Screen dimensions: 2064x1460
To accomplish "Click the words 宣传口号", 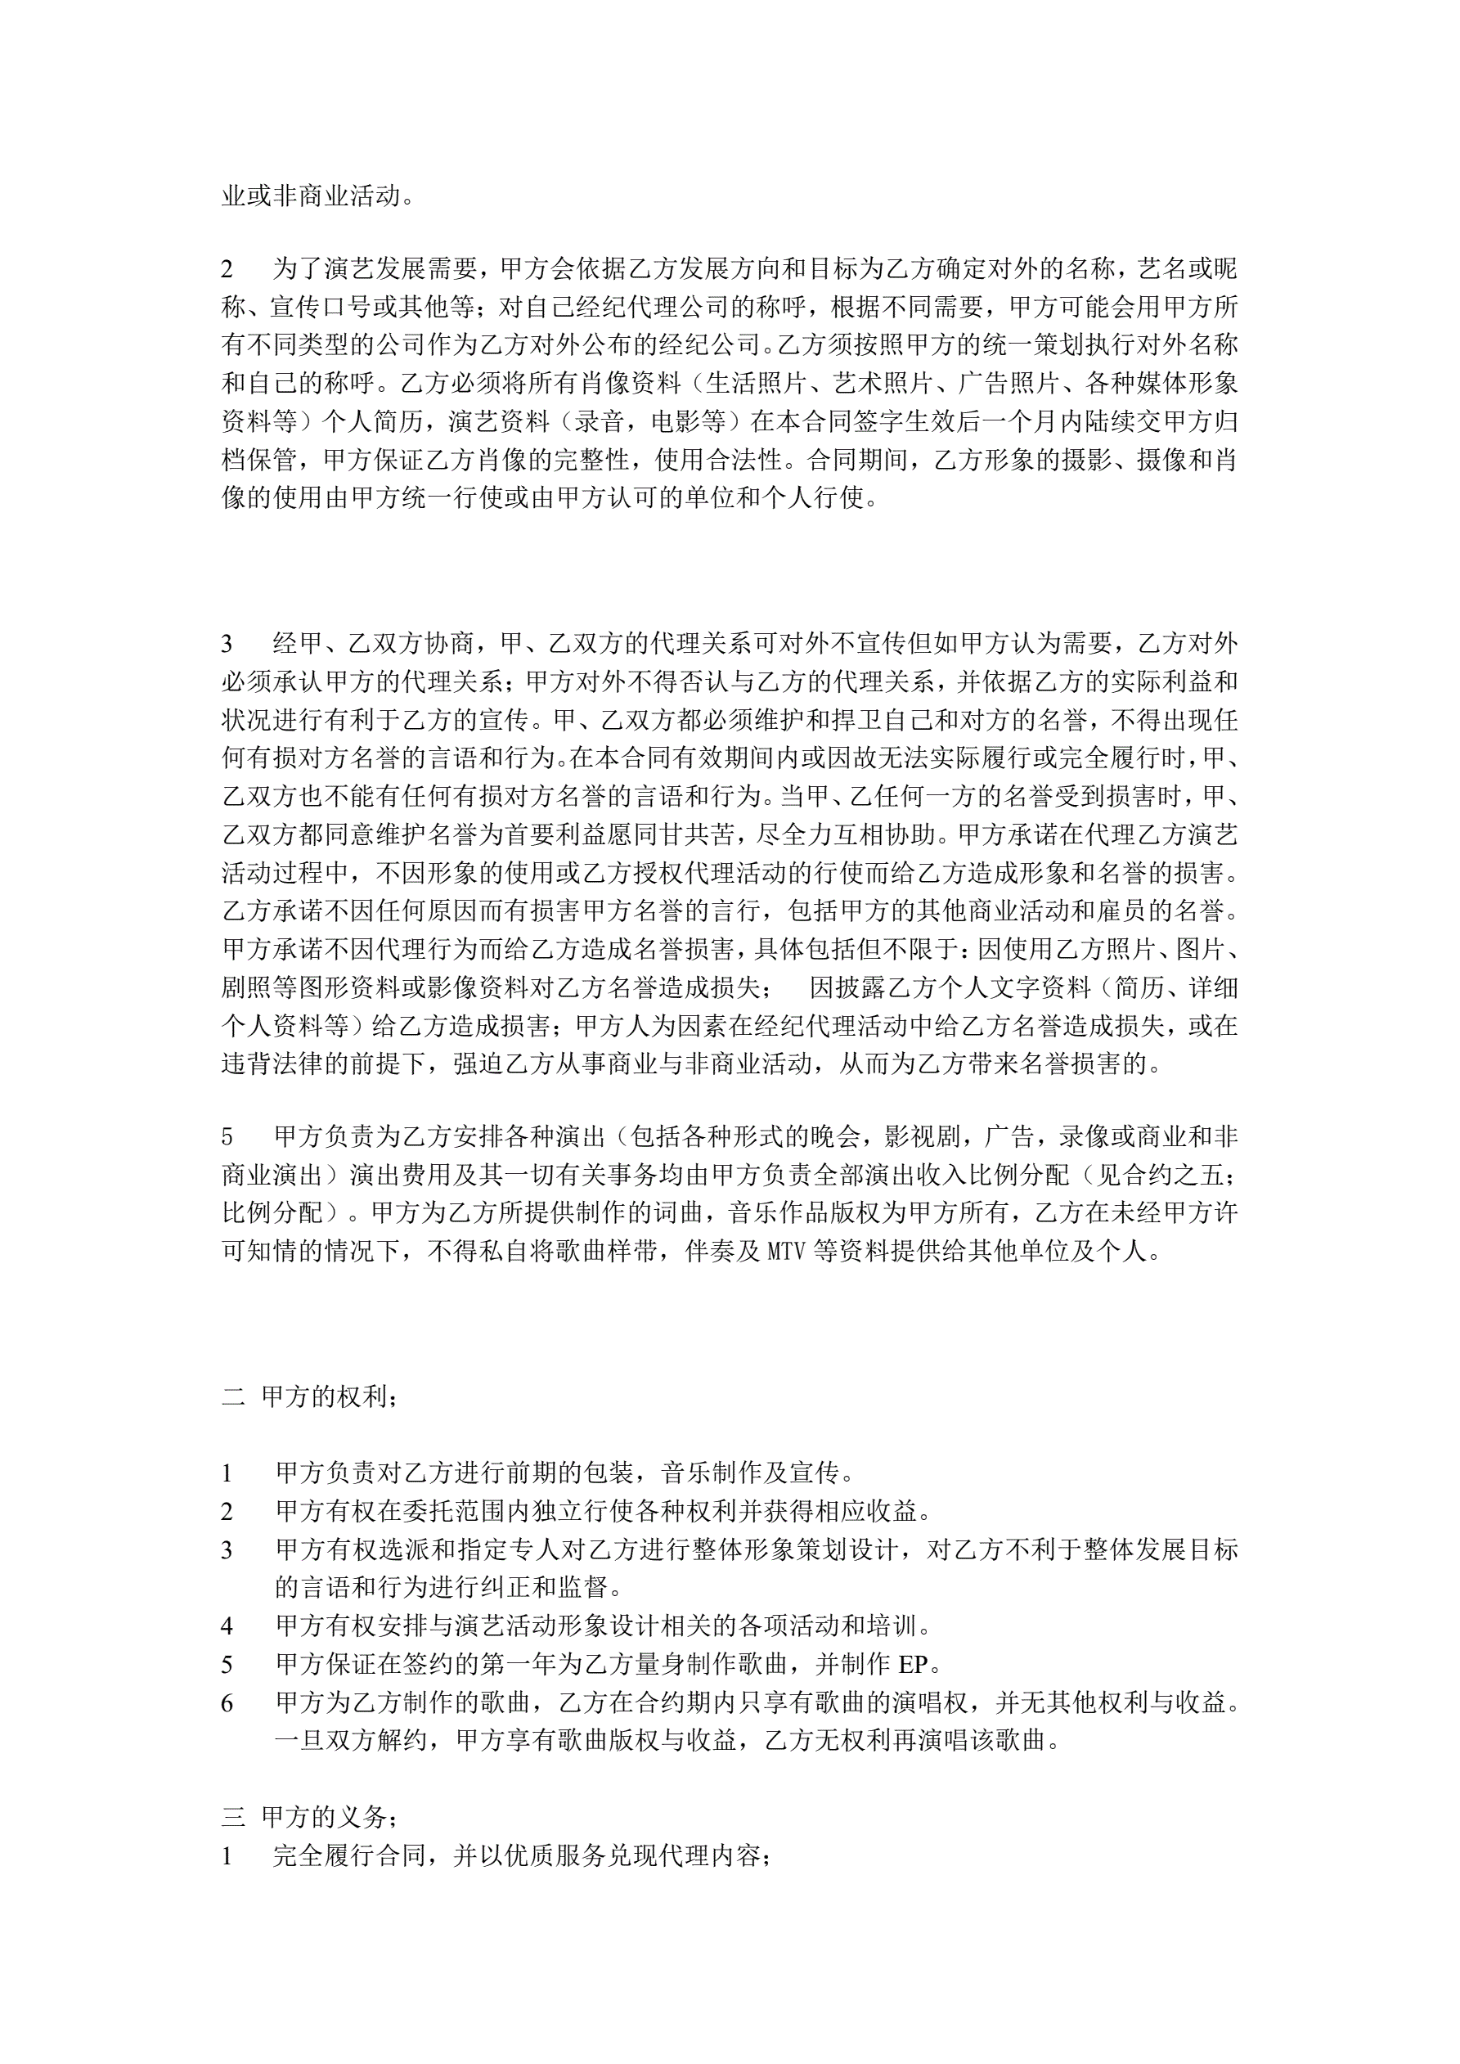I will pyautogui.click(x=321, y=308).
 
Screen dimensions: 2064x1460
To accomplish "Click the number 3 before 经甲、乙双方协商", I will pyautogui.click(x=227, y=644).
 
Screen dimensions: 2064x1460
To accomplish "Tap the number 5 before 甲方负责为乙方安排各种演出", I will pyautogui.click(x=227, y=1136).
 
